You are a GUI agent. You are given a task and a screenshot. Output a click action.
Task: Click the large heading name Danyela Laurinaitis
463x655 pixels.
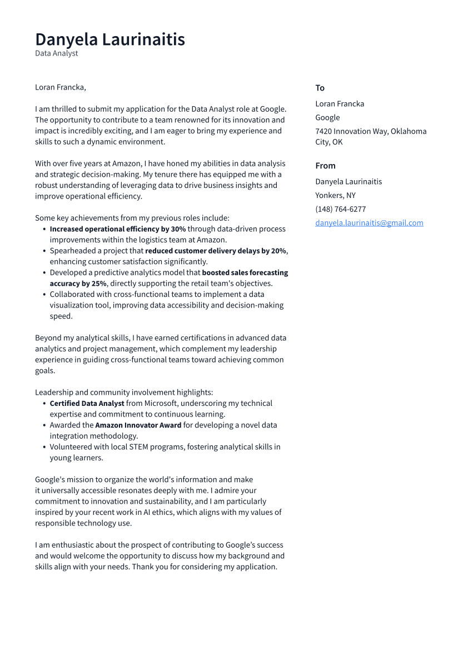pos(110,39)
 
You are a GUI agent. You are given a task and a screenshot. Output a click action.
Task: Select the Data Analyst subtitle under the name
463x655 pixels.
pos(56,53)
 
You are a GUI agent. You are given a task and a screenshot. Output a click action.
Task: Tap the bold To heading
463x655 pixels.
pos(320,88)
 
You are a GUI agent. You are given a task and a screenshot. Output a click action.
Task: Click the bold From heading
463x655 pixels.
pos(325,166)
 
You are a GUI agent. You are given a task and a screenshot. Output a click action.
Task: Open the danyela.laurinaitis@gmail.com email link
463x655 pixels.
pos(369,223)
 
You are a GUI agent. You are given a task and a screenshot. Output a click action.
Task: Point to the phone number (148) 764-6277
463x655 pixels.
pos(340,209)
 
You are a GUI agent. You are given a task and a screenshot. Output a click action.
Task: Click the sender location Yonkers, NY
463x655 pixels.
pos(335,195)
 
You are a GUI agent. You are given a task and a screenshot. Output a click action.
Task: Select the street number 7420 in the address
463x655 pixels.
pos(323,131)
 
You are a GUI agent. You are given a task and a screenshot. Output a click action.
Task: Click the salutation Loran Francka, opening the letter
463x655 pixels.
pos(60,87)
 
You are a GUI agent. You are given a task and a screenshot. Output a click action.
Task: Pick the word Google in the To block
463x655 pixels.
pos(327,117)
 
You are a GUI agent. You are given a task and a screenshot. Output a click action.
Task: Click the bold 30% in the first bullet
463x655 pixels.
pos(178,229)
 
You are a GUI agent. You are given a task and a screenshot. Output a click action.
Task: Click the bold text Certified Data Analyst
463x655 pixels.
pos(87,403)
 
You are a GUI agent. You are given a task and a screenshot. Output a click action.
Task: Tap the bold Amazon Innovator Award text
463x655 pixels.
pos(138,425)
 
